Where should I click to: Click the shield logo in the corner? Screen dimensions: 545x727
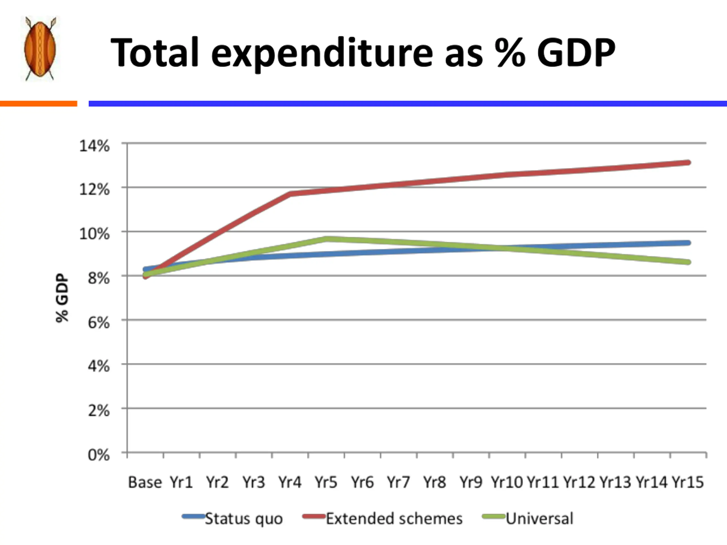click(40, 48)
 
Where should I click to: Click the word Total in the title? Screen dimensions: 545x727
click(155, 53)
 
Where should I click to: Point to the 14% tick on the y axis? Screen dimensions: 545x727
click(94, 146)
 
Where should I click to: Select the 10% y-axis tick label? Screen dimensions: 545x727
click(94, 234)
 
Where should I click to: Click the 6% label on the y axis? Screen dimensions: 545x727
click(98, 322)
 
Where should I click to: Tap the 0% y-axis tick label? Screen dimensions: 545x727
click(98, 455)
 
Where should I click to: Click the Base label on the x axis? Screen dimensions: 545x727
click(145, 483)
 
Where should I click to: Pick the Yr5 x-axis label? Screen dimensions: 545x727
click(326, 483)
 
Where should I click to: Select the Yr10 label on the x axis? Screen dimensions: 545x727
click(506, 483)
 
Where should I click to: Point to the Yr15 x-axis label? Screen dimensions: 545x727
click(688, 483)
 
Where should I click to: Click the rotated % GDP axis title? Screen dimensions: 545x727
click(62, 298)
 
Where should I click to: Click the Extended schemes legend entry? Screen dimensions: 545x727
click(394, 519)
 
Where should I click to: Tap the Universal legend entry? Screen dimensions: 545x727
click(539, 519)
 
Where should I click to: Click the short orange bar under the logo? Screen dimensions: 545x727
click(38, 104)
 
